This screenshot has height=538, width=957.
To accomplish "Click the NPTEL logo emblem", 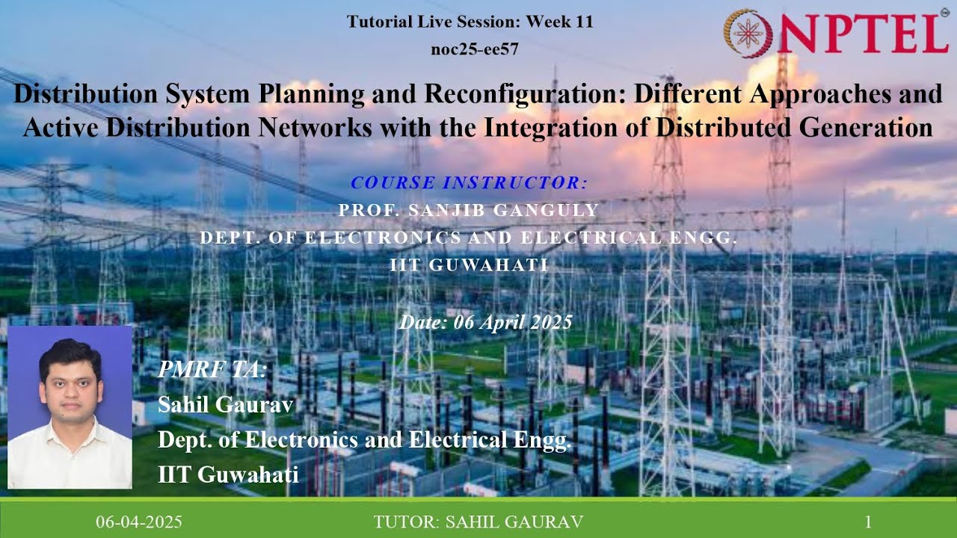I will pyautogui.click(x=748, y=34).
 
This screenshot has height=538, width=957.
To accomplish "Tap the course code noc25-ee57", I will pyautogui.click(x=475, y=49).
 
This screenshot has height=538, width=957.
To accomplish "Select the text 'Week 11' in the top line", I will pyautogui.click(x=559, y=22).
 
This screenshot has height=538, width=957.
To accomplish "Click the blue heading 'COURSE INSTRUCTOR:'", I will pyautogui.click(x=469, y=182).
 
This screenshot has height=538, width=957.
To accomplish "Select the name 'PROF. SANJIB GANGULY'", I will pyautogui.click(x=469, y=211).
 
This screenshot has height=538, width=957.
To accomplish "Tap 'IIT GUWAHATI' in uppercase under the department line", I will pyautogui.click(x=469, y=265).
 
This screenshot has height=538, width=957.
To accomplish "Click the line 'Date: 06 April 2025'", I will pyautogui.click(x=485, y=322).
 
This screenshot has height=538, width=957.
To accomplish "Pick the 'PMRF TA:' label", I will pyautogui.click(x=212, y=370).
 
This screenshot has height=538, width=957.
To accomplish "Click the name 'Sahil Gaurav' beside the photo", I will pyautogui.click(x=225, y=404).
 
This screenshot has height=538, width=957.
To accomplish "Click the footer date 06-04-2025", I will pyautogui.click(x=138, y=522).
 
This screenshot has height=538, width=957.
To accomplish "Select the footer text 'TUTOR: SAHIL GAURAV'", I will pyautogui.click(x=478, y=522).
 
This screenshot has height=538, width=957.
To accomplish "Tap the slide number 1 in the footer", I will pyautogui.click(x=868, y=522).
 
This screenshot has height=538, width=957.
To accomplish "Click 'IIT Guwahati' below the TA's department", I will pyautogui.click(x=228, y=474).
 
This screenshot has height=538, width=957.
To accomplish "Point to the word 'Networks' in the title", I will pyautogui.click(x=315, y=127).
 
